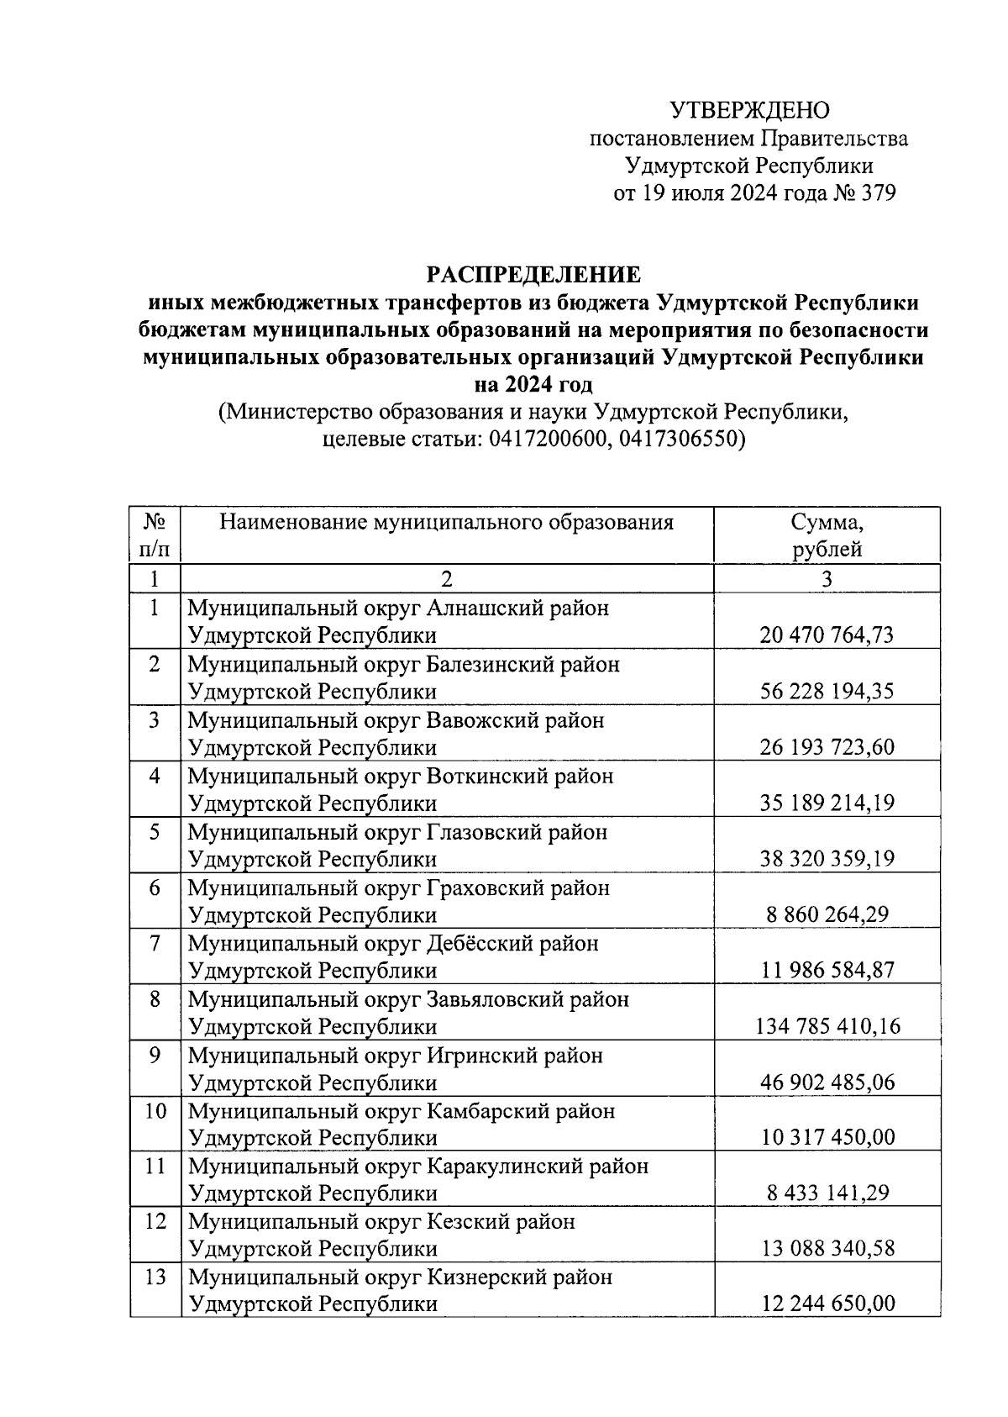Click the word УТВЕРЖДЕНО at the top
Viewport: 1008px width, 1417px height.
tap(749, 110)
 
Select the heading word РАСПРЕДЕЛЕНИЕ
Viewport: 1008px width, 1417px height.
tap(533, 275)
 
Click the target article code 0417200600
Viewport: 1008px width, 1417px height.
tap(546, 440)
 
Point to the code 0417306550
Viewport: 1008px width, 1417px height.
tap(678, 440)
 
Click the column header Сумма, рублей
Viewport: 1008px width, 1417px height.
tap(827, 535)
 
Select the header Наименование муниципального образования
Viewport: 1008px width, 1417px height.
tap(446, 523)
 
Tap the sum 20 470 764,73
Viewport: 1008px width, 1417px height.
tap(827, 635)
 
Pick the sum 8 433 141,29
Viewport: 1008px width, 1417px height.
tap(827, 1193)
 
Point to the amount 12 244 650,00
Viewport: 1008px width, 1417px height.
tap(827, 1304)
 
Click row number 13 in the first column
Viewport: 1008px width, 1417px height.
tap(155, 1277)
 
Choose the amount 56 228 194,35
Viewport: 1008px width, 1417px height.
tap(827, 691)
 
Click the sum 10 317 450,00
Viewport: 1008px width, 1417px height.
tap(827, 1137)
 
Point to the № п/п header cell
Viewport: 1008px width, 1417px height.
tap(155, 535)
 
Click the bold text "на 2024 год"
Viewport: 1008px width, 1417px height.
tap(533, 385)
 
